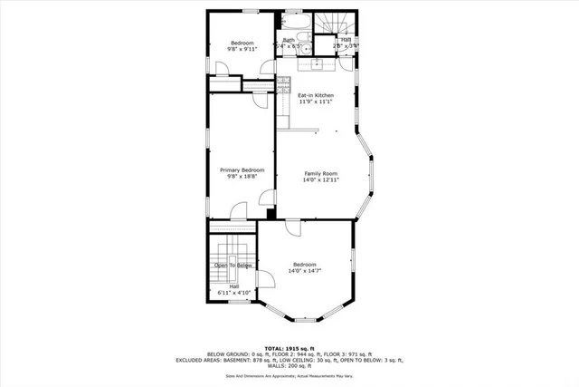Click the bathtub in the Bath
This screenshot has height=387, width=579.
[293, 21]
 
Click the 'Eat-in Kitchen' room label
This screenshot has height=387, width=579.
[316, 95]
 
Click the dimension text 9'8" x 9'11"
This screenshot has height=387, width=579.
[242, 51]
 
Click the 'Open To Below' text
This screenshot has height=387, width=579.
[233, 265]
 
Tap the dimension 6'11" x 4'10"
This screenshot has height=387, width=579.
[233, 294]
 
